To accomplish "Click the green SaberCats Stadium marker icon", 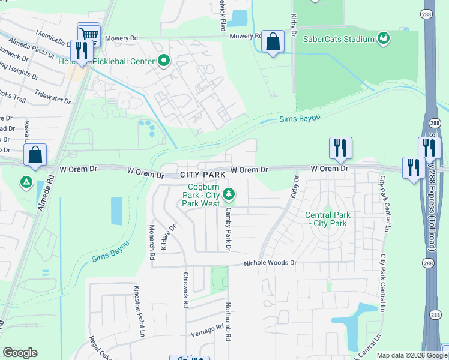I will [383, 39].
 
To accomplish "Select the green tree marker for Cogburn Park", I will [228, 194].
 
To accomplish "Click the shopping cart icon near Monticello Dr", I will [89, 34].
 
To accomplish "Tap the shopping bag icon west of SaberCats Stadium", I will [273, 42].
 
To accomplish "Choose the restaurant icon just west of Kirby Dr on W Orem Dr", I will [340, 148].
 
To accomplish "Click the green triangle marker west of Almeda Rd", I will [25, 181].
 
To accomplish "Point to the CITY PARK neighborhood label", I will [203, 175].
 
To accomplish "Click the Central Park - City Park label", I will [326, 219].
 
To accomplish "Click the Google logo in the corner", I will [20, 353].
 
